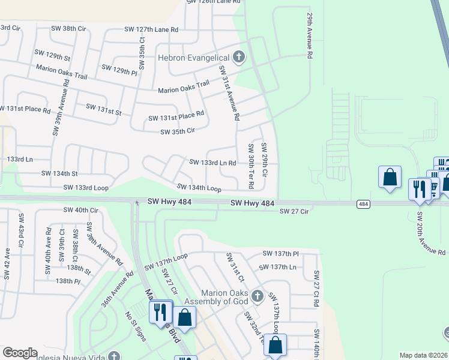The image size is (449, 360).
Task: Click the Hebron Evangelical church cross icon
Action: (x=239, y=58)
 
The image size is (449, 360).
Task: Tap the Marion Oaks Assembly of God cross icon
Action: (x=257, y=295)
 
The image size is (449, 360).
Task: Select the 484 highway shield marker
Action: (x=363, y=204)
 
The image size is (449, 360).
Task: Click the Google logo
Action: (x=20, y=353)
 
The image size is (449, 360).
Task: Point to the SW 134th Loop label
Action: (x=199, y=187)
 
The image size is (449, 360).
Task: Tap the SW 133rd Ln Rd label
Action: (x=212, y=163)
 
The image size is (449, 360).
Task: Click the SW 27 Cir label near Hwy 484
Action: (x=293, y=211)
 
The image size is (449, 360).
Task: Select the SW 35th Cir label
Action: (x=178, y=131)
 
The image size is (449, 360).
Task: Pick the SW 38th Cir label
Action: (x=82, y=29)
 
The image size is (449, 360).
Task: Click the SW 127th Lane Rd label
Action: (x=151, y=29)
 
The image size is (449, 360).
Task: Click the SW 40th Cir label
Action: (x=80, y=210)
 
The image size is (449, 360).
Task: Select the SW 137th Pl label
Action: (x=281, y=254)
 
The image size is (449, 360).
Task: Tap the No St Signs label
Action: (x=136, y=326)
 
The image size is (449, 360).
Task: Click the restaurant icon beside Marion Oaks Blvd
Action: (x=159, y=312)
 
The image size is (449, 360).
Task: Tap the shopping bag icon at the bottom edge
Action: (x=275, y=345)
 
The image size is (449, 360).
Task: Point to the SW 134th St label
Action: (x=59, y=173)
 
